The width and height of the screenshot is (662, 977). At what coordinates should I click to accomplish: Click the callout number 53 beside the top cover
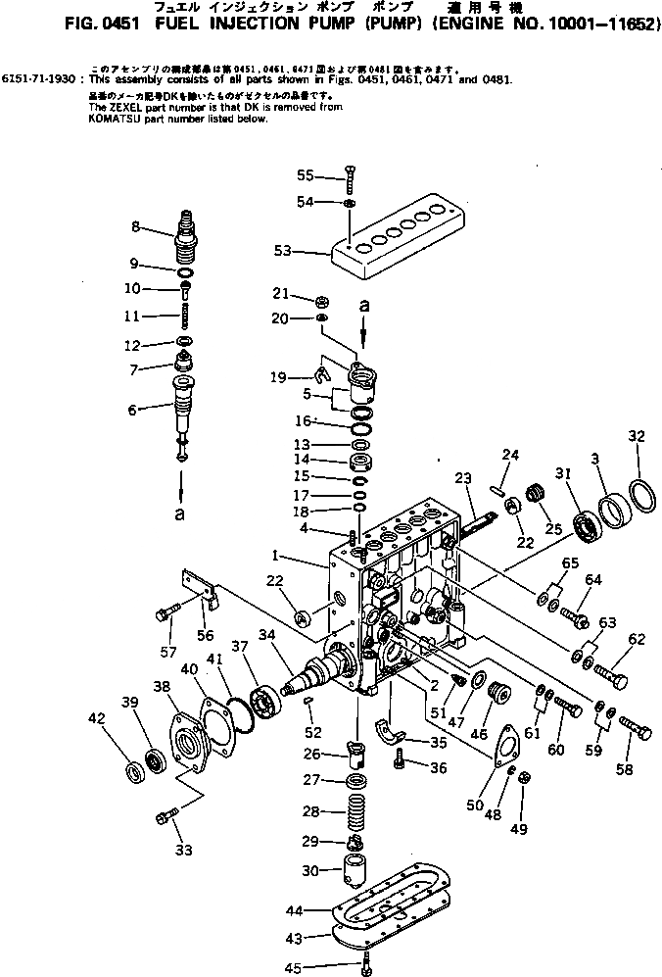pyautogui.click(x=282, y=251)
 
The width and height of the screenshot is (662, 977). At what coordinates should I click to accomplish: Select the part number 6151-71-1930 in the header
pyautogui.click(x=40, y=77)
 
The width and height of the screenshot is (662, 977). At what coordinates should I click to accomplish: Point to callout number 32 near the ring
pyautogui.click(x=637, y=436)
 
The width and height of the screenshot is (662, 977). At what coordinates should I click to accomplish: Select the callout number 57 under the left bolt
pyautogui.click(x=167, y=652)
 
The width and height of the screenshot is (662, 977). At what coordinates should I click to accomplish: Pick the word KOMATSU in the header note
pyautogui.click(x=96, y=119)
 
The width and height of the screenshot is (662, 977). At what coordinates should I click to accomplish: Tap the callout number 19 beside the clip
pyautogui.click(x=280, y=378)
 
